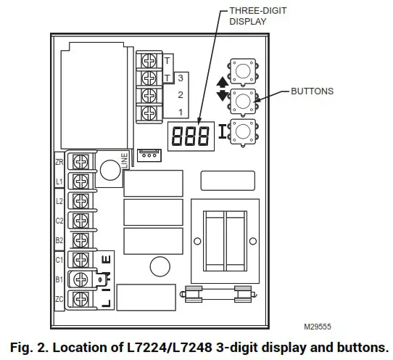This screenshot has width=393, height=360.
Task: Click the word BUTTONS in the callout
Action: (312, 91)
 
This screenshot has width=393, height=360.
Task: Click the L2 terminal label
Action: (59, 200)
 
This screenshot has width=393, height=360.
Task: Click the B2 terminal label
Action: (59, 239)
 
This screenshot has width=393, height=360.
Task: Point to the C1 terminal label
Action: (59, 259)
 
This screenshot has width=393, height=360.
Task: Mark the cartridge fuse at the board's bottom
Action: (218, 294)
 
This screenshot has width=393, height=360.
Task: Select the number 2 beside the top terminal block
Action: (180, 95)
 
